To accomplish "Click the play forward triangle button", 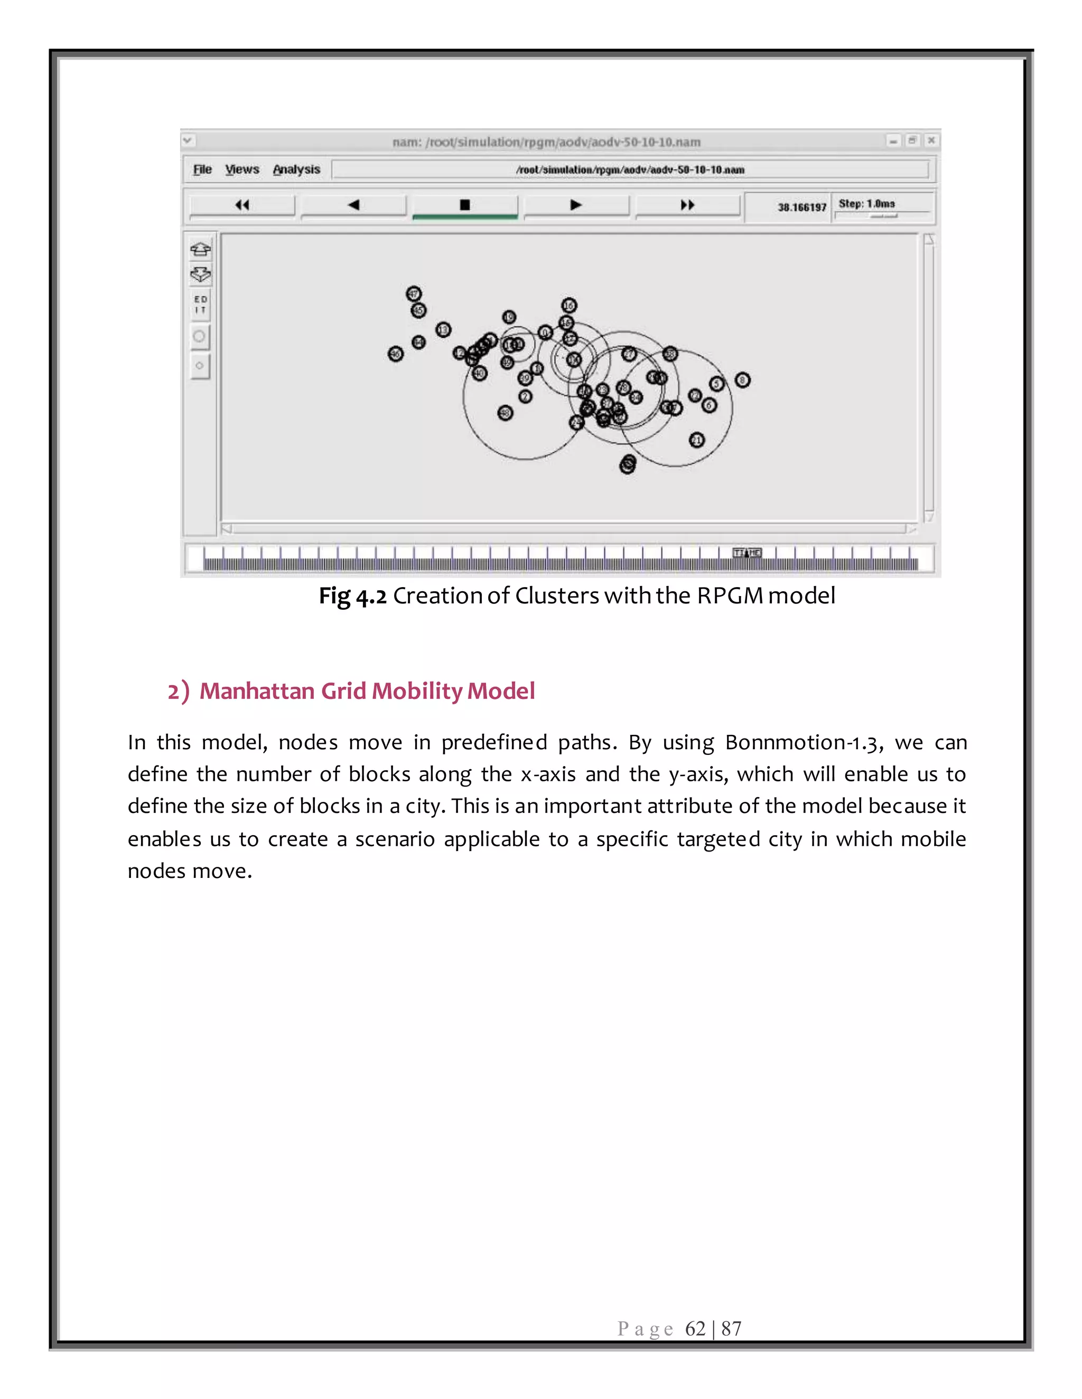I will pyautogui.click(x=576, y=205).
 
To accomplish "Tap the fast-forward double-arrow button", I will pyautogui.click(x=687, y=205).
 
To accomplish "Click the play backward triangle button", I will pyautogui.click(x=353, y=205).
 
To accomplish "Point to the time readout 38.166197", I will pyautogui.click(x=802, y=207).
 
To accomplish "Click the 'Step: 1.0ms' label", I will pyautogui.click(x=866, y=204).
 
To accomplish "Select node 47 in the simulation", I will pyautogui.click(x=414, y=294).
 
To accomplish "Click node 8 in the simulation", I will pyautogui.click(x=742, y=380).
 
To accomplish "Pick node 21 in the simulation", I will pyautogui.click(x=697, y=440).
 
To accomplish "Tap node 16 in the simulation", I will pyautogui.click(x=569, y=305).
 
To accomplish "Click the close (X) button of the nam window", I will pyautogui.click(x=931, y=140).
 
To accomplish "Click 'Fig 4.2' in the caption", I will pyautogui.click(x=352, y=595).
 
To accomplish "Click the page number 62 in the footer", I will pyautogui.click(x=695, y=1329).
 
